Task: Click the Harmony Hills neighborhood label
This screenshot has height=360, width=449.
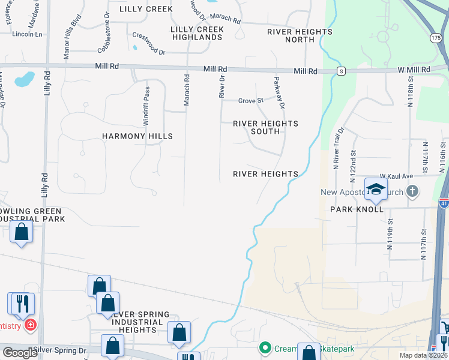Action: [x=137, y=136]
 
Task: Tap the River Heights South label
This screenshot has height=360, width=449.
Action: [x=265, y=127]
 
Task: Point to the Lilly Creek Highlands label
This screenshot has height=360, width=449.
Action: [x=197, y=33]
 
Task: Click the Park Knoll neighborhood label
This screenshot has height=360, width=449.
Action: [x=357, y=210]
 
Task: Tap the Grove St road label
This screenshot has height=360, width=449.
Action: [x=251, y=100]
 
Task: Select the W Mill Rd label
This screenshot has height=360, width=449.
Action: [x=414, y=70]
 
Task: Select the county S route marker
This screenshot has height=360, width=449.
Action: [x=340, y=71]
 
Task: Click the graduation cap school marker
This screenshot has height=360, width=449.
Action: [x=376, y=189]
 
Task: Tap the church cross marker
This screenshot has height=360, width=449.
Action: [x=411, y=192]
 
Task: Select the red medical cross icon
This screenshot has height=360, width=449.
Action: [x=29, y=325]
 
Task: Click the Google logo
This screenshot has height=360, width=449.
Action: [x=20, y=353]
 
